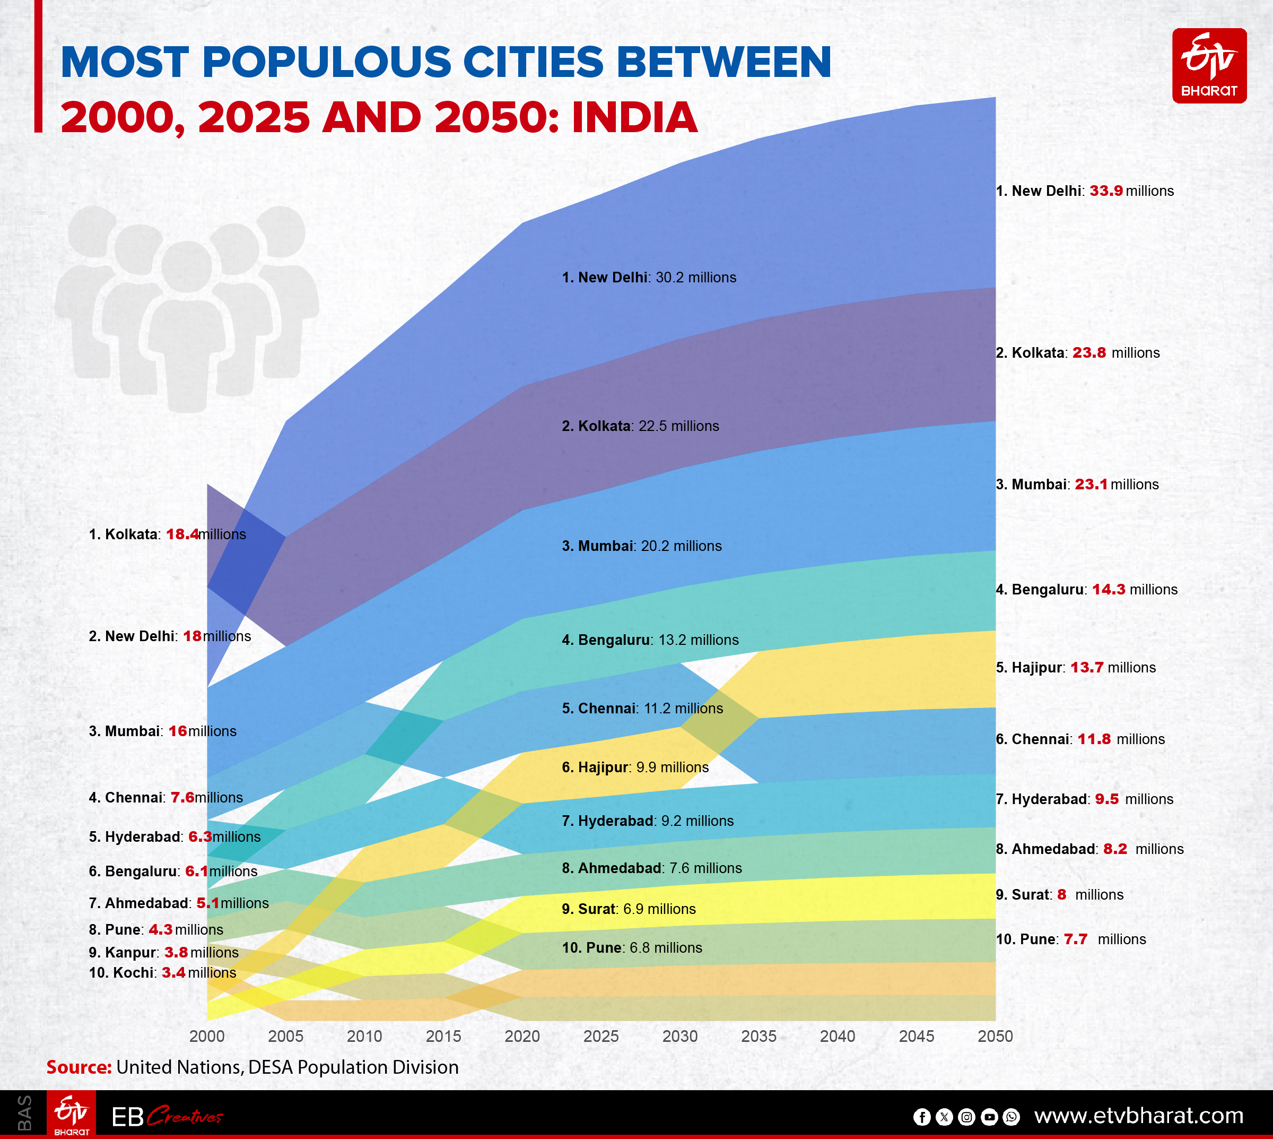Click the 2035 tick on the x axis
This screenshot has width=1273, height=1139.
(x=758, y=1037)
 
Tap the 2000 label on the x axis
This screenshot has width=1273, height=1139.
(x=206, y=1037)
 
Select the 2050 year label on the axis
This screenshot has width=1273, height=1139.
(x=995, y=1037)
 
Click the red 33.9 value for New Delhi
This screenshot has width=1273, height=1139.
(x=1105, y=191)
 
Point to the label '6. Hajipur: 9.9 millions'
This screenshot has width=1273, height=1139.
(x=635, y=767)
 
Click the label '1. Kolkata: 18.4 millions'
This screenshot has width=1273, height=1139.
(x=167, y=534)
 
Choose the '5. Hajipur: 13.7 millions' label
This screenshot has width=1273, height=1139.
(x=1075, y=668)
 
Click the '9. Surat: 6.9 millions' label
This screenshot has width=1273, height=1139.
(x=628, y=909)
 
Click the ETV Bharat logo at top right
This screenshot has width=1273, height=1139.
(x=1209, y=66)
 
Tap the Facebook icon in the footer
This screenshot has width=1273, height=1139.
(x=921, y=1117)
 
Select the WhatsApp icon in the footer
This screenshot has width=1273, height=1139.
(x=1011, y=1117)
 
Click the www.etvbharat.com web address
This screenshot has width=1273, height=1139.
(x=1138, y=1116)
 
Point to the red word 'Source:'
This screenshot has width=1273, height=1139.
(x=79, y=1067)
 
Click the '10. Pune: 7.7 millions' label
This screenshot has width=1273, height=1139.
(x=1070, y=939)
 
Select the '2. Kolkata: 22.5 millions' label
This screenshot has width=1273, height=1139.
(x=640, y=426)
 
